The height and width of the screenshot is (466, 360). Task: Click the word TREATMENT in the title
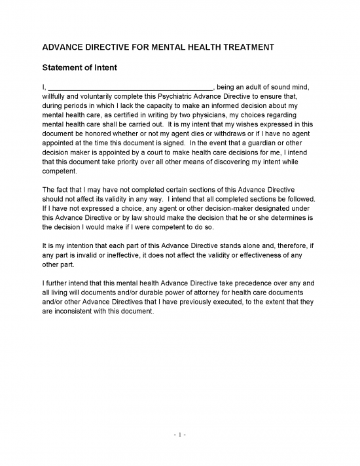[245, 48]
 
